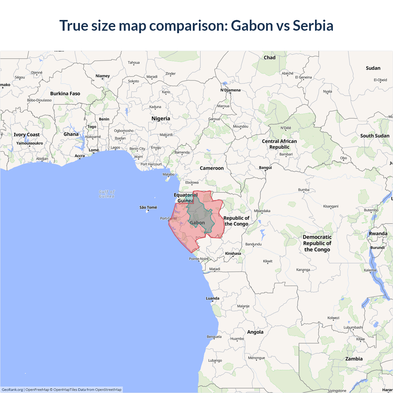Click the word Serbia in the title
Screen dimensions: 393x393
coord(313,25)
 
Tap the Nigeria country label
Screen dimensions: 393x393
coord(161,119)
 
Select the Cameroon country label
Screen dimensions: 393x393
coord(212,168)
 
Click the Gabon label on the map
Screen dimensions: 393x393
coord(197,223)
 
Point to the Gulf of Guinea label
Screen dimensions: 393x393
coord(107,194)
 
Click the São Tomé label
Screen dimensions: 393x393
coord(148,208)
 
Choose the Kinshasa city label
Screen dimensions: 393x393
coord(233,254)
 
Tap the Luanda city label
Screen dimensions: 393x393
coord(212,298)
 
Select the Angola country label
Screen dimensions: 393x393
coord(255,332)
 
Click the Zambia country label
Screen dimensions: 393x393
coord(354,359)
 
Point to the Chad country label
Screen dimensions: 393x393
coord(270,58)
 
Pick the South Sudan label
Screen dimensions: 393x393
coord(375,136)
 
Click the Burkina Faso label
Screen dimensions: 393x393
coord(65,94)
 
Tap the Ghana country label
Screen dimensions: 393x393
coord(71,134)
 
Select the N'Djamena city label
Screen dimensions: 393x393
coord(230,90)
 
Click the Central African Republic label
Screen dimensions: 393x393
coord(279,144)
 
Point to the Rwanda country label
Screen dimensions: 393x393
coord(378,234)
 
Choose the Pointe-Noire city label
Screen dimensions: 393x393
coord(199,259)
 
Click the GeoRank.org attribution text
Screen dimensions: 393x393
coord(12,390)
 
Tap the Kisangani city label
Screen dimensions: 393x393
coord(331,206)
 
